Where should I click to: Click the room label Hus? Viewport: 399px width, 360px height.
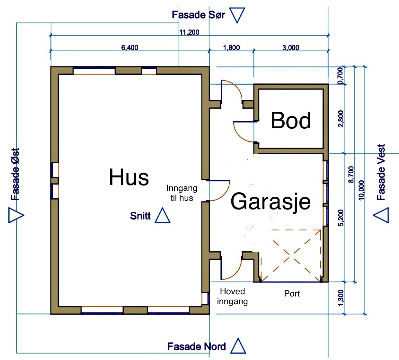click(129, 177)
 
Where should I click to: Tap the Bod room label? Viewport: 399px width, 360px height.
click(291, 121)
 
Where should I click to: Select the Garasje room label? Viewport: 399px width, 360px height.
click(270, 201)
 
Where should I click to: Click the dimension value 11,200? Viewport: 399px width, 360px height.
click(189, 32)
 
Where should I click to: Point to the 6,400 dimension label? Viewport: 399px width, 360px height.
click(130, 47)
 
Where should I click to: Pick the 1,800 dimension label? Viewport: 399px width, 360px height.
click(231, 47)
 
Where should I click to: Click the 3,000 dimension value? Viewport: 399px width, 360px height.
click(291, 47)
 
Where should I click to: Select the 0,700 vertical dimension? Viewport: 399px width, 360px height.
click(341, 76)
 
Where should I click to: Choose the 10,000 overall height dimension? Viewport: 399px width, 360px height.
click(361, 190)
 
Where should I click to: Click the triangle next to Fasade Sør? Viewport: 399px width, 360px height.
click(238, 15)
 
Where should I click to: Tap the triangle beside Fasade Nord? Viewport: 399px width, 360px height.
click(238, 347)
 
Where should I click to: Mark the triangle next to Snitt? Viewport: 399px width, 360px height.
click(162, 216)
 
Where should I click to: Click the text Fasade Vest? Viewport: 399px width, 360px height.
click(381, 172)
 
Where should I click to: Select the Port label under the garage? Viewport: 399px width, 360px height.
click(292, 294)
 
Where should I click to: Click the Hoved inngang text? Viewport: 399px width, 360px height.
click(232, 296)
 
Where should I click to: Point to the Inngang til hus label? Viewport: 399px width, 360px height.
click(182, 193)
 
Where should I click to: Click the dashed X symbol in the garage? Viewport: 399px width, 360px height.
click(291, 256)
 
